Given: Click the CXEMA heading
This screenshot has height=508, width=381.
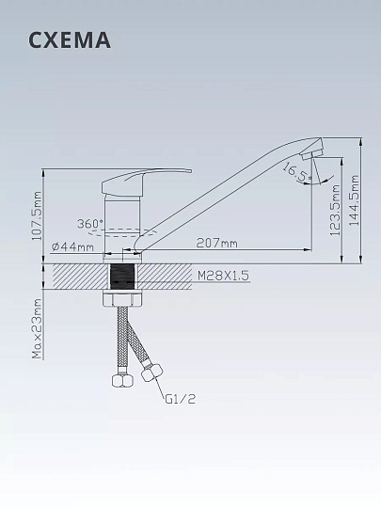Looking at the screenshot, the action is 70,40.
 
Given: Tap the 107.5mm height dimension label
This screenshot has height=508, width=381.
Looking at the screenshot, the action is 38,215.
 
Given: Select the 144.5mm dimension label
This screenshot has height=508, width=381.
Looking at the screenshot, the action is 355,200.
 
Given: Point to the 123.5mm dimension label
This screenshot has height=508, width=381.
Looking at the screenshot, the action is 336,210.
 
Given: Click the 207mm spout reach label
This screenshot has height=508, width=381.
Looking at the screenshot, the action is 216,243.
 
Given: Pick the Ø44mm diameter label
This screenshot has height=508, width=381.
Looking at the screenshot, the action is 72,246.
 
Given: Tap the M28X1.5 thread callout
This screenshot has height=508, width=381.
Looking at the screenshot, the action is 223,276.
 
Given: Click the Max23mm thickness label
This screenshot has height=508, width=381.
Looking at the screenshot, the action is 38,328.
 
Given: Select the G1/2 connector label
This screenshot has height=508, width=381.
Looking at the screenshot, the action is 181,399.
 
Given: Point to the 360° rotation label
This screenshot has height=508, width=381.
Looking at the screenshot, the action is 90,224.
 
